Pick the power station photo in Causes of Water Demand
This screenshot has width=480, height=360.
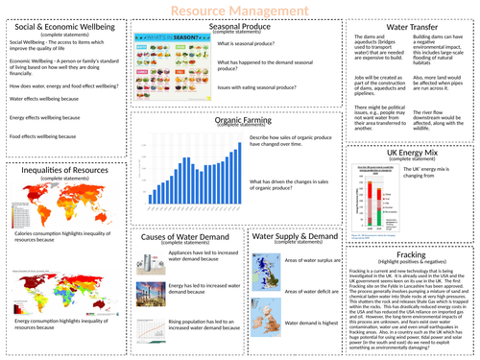click(145, 295)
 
